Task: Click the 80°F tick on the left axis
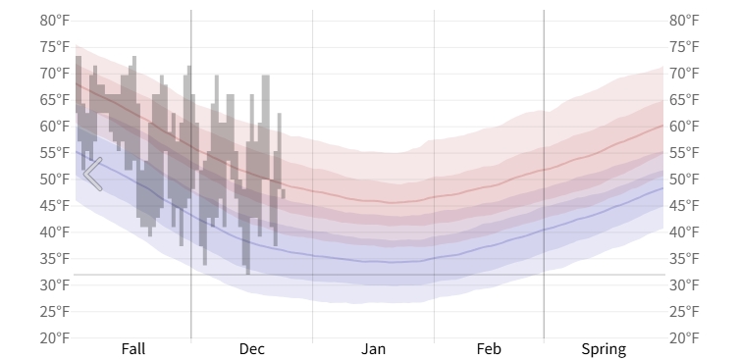coord(55,21)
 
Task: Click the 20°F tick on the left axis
coord(55,338)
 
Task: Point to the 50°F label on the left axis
coord(55,180)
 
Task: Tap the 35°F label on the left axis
coord(55,259)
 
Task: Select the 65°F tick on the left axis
coord(55,100)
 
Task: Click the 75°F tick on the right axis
coord(684,47)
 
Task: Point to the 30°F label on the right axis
coord(684,285)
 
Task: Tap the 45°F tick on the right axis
coord(684,206)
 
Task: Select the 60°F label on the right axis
coord(684,127)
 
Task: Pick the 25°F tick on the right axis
coord(684,312)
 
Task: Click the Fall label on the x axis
coord(133,349)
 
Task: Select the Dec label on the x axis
coord(251,349)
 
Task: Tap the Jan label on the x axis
coord(373,349)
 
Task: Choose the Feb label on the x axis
coord(489,349)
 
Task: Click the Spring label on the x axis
coord(604,349)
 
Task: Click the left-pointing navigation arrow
coord(92,174)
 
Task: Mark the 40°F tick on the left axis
coord(55,232)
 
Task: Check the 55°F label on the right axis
coord(684,153)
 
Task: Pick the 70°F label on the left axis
coord(55,74)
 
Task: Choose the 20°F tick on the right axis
coord(684,338)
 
